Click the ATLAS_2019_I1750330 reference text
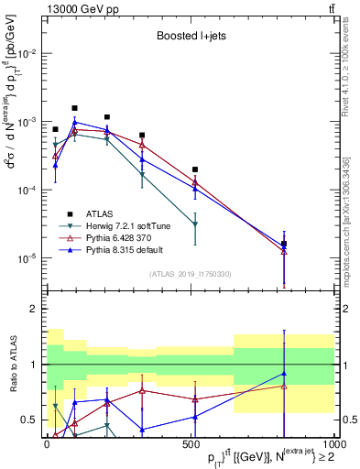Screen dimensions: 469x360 tap(189, 273)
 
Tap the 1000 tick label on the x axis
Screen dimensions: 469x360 tap(333, 444)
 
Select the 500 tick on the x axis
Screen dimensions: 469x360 tap(191, 444)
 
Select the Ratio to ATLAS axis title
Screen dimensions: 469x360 tap(12, 364)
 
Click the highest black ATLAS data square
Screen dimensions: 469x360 tap(74, 108)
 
